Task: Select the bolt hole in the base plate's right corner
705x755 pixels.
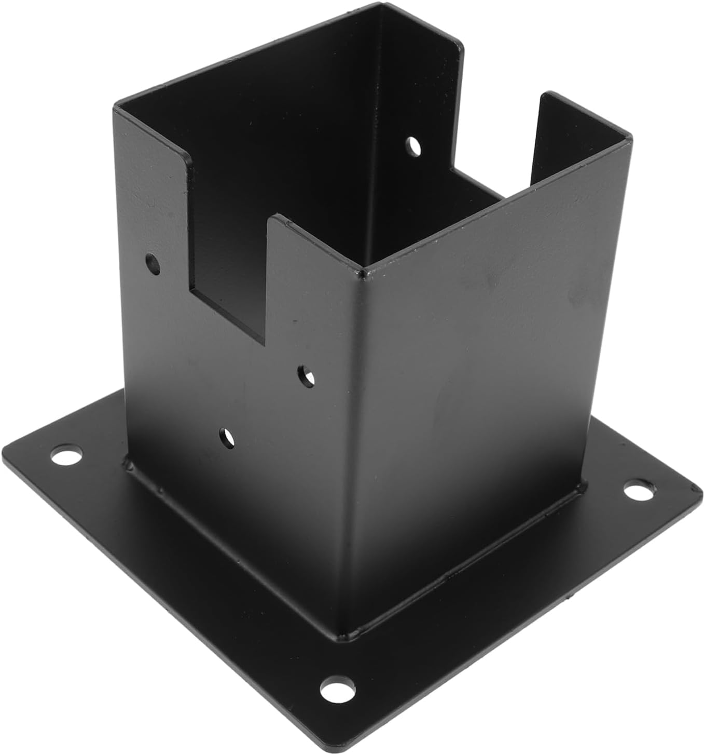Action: coord(638,490)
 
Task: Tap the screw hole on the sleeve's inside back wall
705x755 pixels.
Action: coord(413,146)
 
